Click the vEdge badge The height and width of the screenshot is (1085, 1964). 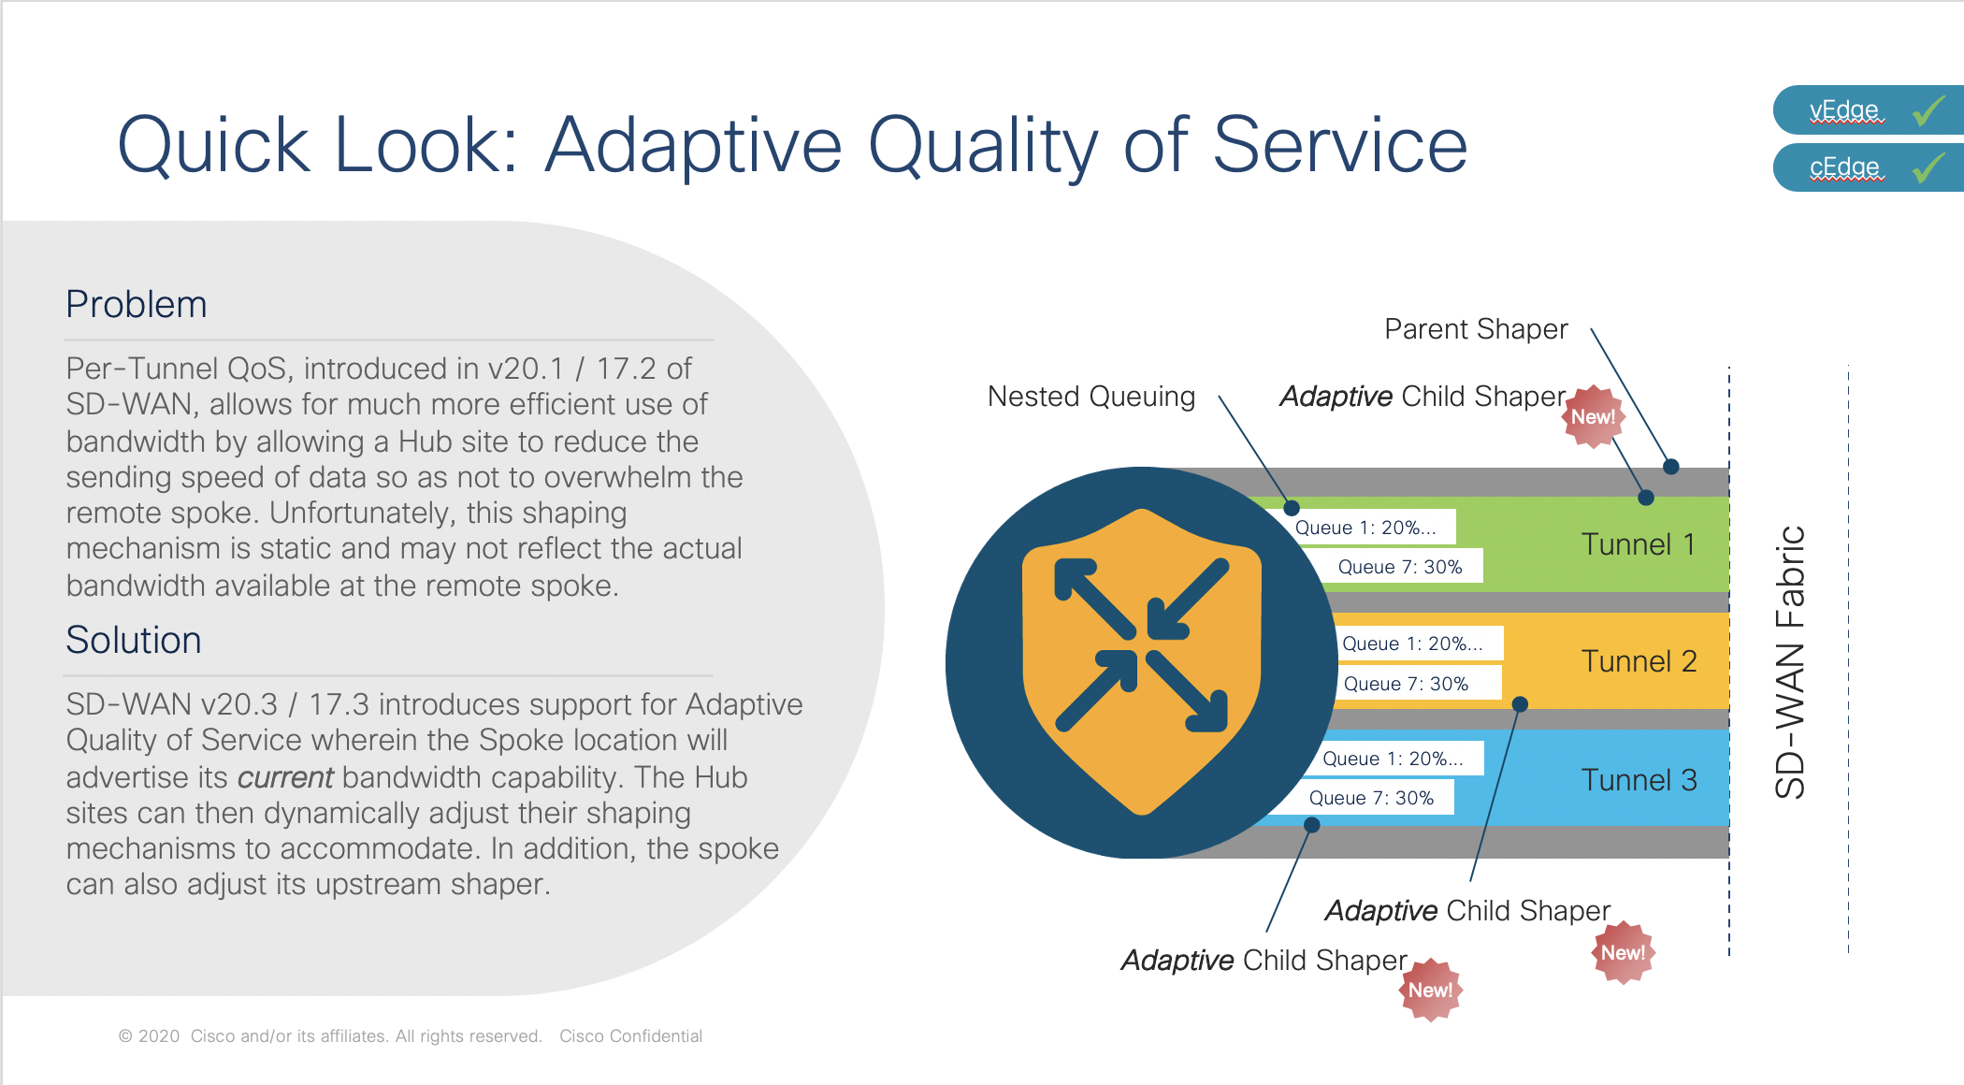(x=1869, y=110)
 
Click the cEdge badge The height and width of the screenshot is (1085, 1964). (x=1869, y=167)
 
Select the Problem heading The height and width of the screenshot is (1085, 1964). (x=137, y=305)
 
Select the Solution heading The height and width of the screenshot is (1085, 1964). (x=134, y=641)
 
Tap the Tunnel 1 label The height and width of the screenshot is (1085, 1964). (x=1639, y=544)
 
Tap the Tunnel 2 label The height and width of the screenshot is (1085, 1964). (x=1639, y=661)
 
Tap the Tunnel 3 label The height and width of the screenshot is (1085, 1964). (x=1639, y=780)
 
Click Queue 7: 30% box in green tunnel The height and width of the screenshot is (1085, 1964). (x=1400, y=566)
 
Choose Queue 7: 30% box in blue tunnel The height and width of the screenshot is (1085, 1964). (x=1370, y=798)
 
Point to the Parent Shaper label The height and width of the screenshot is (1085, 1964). (x=1476, y=329)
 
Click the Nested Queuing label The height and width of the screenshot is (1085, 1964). (x=1091, y=397)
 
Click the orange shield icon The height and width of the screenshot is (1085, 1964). (x=1142, y=662)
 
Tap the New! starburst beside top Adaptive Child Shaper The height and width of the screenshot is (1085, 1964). (x=1594, y=417)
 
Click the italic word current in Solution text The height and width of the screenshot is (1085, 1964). (x=285, y=777)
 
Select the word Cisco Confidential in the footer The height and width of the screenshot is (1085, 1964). (x=630, y=1036)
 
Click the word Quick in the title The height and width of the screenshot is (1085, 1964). (x=213, y=145)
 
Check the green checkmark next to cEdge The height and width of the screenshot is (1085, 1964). (x=1928, y=167)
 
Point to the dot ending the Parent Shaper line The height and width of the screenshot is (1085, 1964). (x=1671, y=466)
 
